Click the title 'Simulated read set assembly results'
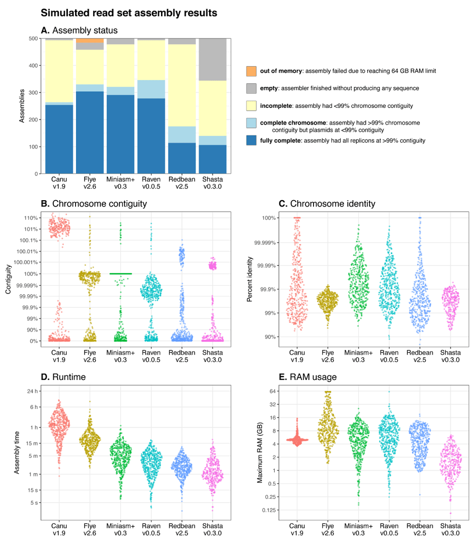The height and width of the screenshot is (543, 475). click(129, 13)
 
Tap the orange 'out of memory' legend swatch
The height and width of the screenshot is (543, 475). click(250, 71)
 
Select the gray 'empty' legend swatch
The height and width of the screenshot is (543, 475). click(250, 87)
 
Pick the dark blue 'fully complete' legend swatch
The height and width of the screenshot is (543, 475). click(250, 140)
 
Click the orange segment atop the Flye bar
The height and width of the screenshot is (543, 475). click(90, 40)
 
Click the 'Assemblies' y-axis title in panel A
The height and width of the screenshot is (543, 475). click(22, 106)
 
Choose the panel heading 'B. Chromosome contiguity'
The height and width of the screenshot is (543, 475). click(94, 204)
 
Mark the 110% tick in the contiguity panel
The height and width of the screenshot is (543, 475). click(31, 218)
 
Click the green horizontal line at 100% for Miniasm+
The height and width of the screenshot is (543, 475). click(121, 273)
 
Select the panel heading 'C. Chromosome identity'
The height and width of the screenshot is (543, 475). click(327, 204)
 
